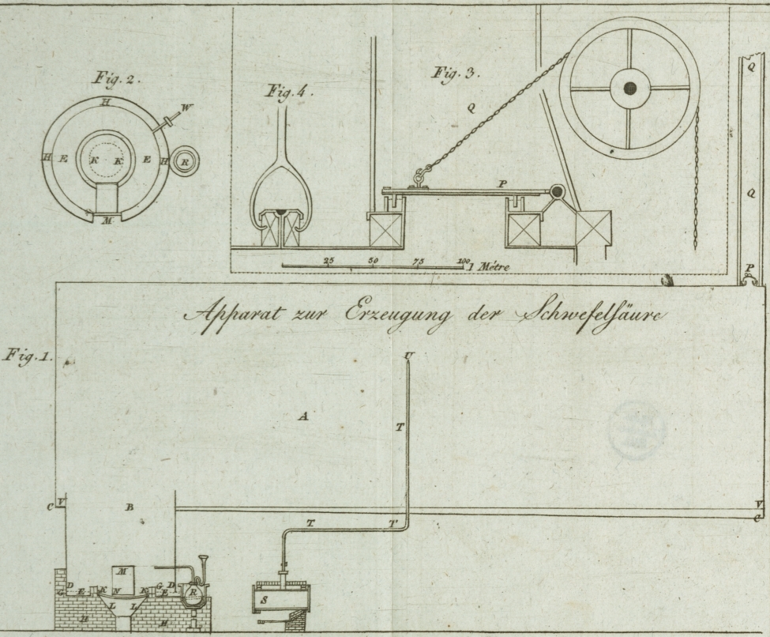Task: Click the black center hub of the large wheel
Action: click(x=629, y=88)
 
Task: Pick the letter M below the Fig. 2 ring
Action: click(x=107, y=221)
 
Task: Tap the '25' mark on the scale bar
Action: click(x=329, y=260)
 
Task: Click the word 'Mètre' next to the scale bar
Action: click(x=492, y=267)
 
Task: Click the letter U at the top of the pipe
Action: click(x=408, y=356)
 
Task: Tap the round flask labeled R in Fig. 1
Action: click(x=193, y=594)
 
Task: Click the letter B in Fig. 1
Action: click(x=129, y=507)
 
